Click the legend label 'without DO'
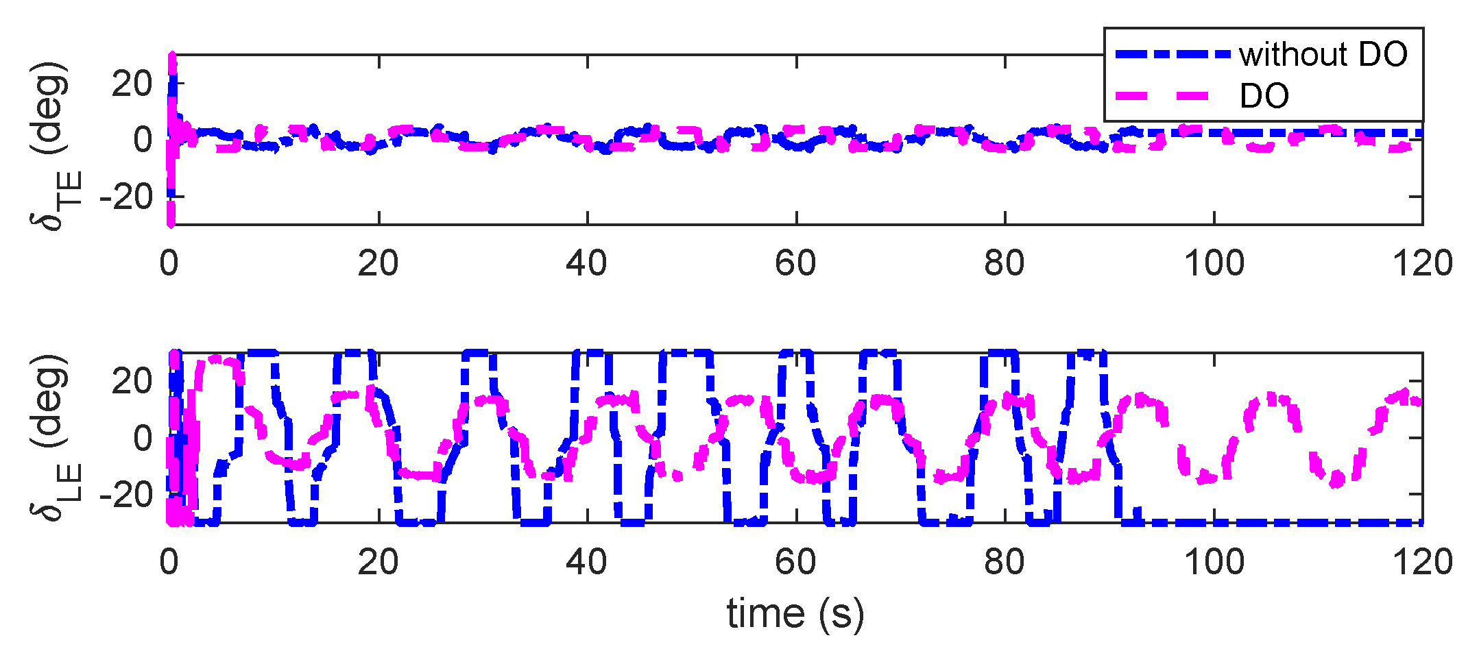[x=1323, y=54]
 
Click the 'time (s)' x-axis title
[x=795, y=613]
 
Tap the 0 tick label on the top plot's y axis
[x=143, y=140]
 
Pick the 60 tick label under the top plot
[x=795, y=263]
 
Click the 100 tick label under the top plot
[x=1214, y=263]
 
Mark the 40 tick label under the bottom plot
[x=586, y=562]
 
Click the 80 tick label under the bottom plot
[x=1005, y=562]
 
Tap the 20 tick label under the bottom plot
[x=378, y=562]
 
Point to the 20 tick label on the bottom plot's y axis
[x=132, y=381]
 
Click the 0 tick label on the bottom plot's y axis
[x=143, y=438]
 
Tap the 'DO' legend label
[x=1264, y=96]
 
